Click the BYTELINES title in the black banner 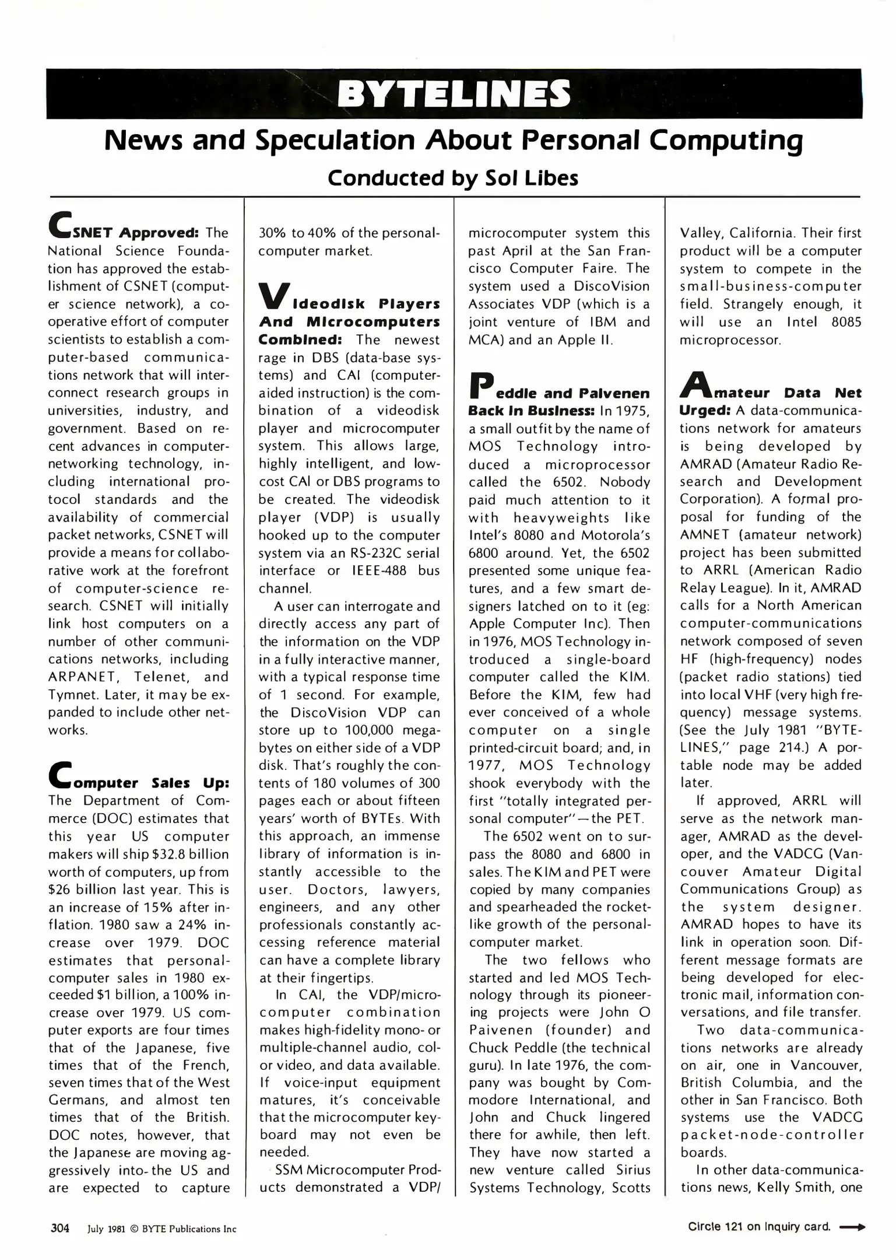pyautogui.click(x=454, y=94)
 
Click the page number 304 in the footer pyautogui.click(x=60, y=1228)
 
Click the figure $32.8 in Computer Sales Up pyautogui.click(x=168, y=854)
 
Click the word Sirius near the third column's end pyautogui.click(x=633, y=1170)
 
